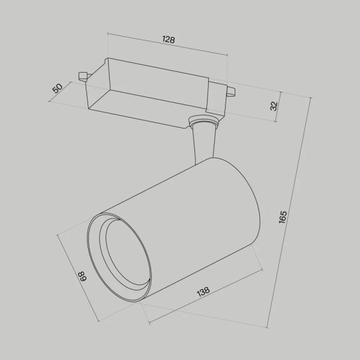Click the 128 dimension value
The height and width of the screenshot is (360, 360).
tap(168, 40)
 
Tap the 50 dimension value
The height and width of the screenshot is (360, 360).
tap(58, 88)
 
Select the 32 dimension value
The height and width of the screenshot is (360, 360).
tap(274, 106)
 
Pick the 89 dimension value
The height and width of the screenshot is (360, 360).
tap(82, 278)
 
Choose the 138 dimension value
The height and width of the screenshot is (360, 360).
tap(203, 292)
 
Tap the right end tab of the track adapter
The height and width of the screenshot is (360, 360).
tap(230, 92)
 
